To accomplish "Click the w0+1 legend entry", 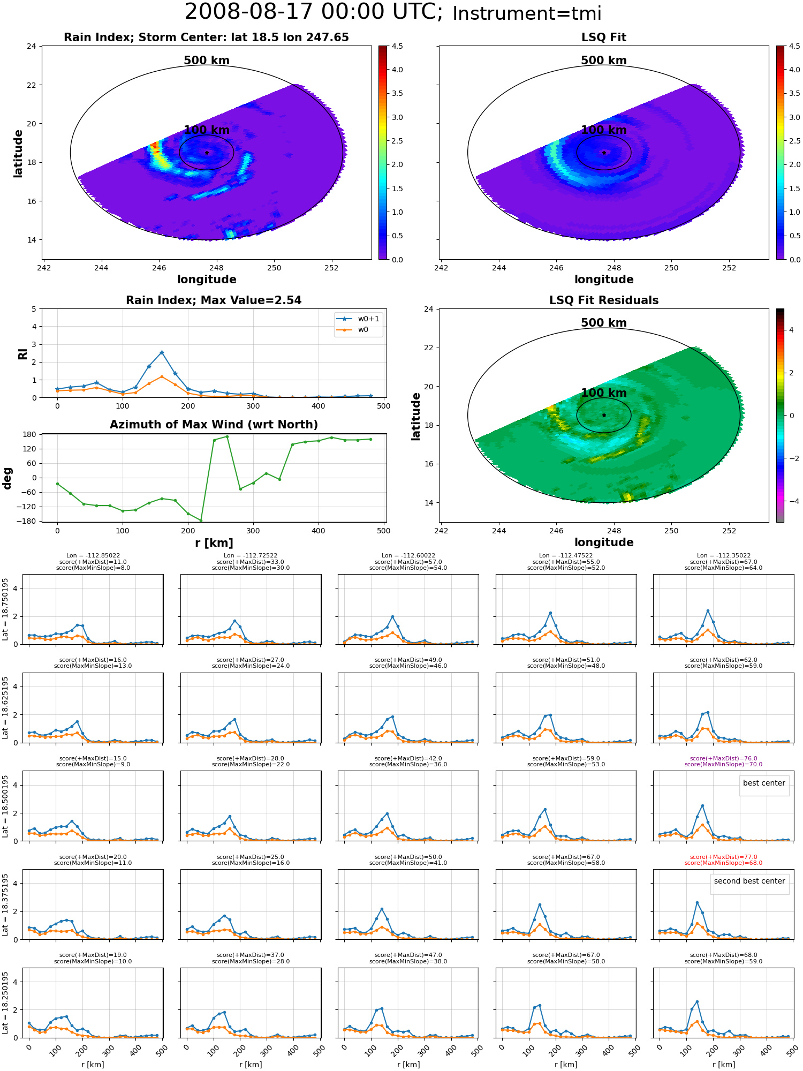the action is (x=358, y=319).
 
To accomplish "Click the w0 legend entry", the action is (x=358, y=330).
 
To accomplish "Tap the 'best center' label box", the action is (x=764, y=783).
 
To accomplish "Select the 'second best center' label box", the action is (x=749, y=881).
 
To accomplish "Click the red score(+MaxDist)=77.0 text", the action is (x=723, y=857).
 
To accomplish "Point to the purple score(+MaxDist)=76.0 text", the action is (x=723, y=758).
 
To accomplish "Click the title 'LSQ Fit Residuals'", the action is (x=604, y=300).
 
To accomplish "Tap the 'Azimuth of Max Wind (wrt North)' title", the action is (x=214, y=425).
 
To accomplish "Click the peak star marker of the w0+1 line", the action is (x=162, y=352).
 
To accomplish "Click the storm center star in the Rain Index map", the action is (x=207, y=153).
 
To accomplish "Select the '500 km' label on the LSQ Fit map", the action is (x=604, y=61).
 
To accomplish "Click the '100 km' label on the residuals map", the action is (x=604, y=393).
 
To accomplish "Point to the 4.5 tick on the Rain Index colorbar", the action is (x=397, y=46).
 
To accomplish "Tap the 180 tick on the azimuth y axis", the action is (x=29, y=434).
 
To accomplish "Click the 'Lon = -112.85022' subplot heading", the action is (x=93, y=555).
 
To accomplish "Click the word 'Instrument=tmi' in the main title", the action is (x=527, y=13).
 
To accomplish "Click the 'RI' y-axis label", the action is (x=22, y=353).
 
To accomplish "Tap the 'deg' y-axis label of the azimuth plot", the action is (x=7, y=478).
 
